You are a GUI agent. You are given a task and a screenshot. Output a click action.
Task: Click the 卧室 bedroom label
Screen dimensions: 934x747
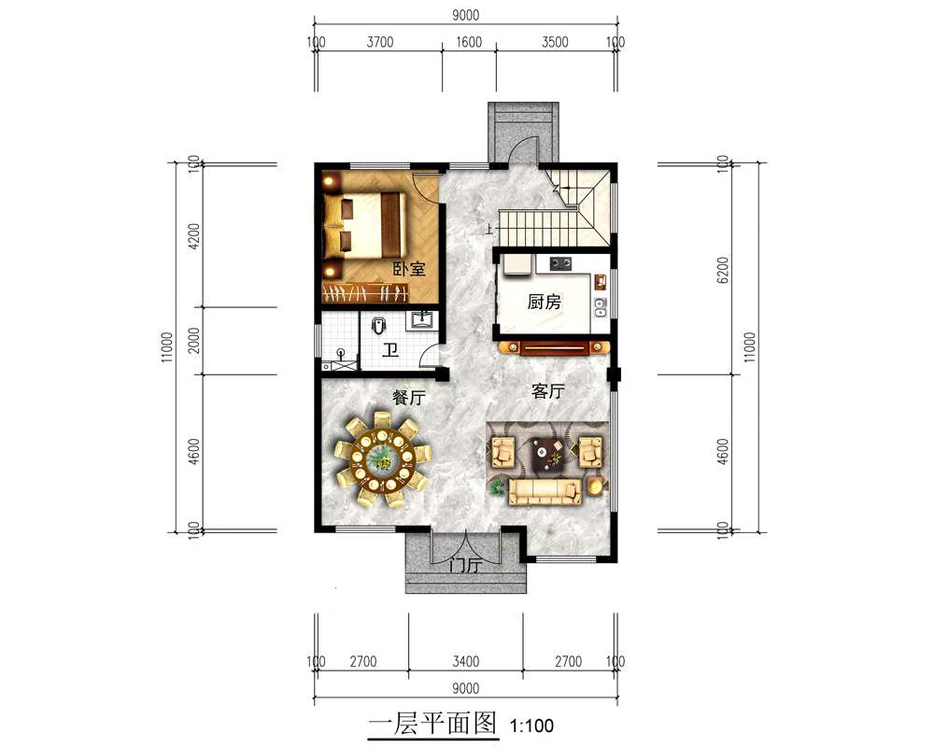pyautogui.click(x=409, y=269)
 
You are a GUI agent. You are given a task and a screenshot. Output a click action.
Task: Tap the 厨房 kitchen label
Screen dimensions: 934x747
pyautogui.click(x=544, y=302)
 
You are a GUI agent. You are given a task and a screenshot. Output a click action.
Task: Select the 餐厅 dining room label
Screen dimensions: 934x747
pyautogui.click(x=409, y=398)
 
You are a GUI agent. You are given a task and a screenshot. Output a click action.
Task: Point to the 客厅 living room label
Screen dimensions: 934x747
pyautogui.click(x=548, y=391)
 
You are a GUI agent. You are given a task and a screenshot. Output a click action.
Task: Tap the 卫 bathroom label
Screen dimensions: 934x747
pyautogui.click(x=390, y=349)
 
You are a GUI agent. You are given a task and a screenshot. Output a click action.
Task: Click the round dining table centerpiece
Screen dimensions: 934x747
pyautogui.click(x=381, y=458)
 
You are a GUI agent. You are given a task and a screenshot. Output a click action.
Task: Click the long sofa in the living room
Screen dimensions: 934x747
pyautogui.click(x=545, y=491)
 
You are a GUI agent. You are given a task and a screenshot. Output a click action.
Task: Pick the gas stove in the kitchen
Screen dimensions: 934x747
pyautogui.click(x=559, y=262)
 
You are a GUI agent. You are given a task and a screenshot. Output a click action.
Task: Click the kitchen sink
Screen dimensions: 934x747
pyautogui.click(x=601, y=307)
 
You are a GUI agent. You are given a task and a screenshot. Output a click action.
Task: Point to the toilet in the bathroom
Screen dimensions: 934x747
pyautogui.click(x=379, y=325)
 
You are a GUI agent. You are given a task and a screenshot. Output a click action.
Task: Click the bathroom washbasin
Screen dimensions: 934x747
pyautogui.click(x=422, y=320)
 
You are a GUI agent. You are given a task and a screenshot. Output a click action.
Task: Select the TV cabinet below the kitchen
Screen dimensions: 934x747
pyautogui.click(x=555, y=347)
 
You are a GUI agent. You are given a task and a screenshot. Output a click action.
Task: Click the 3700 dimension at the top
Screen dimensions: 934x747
pyautogui.click(x=380, y=42)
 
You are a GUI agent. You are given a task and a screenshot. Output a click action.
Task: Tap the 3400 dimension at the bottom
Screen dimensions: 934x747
pyautogui.click(x=466, y=661)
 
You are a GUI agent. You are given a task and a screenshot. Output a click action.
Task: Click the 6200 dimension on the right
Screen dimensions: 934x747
pyautogui.click(x=723, y=270)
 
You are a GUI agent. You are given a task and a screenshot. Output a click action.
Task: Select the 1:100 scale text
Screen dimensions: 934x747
pyautogui.click(x=532, y=726)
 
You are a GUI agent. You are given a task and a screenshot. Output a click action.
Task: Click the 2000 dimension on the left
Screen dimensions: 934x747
pyautogui.click(x=194, y=340)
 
